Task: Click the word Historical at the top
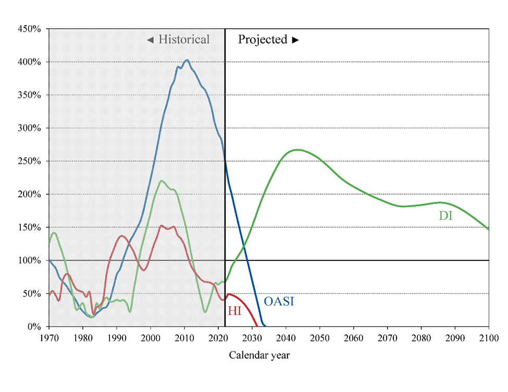click(184, 40)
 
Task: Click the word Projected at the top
click(263, 40)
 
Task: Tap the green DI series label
click(445, 216)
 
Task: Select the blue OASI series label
click(279, 301)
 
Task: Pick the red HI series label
click(234, 311)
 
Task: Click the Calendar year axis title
click(259, 356)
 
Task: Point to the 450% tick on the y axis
click(30, 29)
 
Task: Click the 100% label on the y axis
click(30, 260)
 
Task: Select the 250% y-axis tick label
click(30, 161)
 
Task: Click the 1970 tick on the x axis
click(49, 337)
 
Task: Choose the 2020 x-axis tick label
click(218, 337)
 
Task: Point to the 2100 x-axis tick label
click(489, 337)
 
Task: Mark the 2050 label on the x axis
click(320, 337)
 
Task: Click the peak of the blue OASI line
click(187, 60)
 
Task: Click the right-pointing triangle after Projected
click(295, 40)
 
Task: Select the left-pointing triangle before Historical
click(150, 40)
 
